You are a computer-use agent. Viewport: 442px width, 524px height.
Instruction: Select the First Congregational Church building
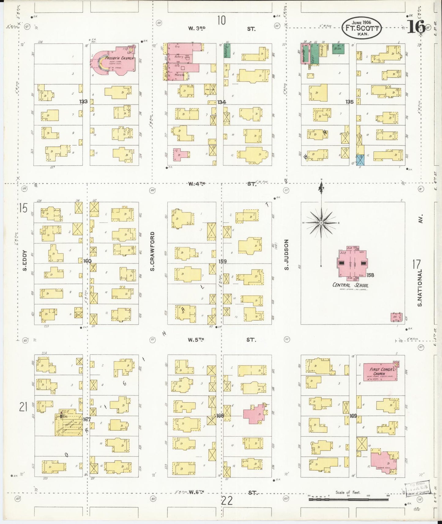coord(379,372)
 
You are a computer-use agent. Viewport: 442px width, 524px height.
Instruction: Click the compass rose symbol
coord(321,223)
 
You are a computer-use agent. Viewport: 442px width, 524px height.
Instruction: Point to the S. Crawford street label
coord(152,251)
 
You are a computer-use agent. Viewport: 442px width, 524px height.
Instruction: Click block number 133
coord(83,101)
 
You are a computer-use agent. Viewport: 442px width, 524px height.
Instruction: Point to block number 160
coord(87,261)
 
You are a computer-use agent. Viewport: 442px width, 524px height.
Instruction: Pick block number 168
coord(220,415)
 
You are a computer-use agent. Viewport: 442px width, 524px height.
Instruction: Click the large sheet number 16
coord(417,27)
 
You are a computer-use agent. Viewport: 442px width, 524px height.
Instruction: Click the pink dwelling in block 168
coord(254,414)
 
